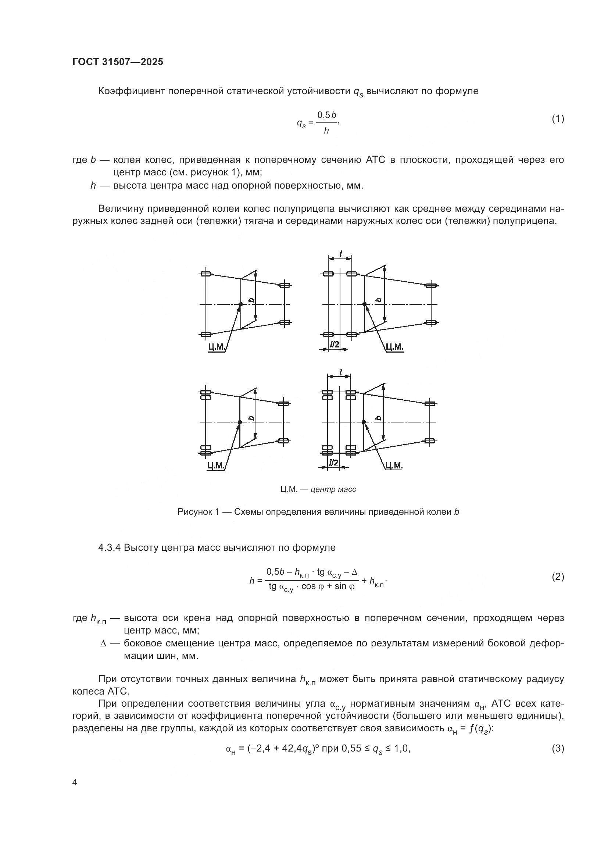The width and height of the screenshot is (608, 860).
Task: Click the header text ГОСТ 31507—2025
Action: pos(118,62)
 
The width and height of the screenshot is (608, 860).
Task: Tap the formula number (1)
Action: pos(558,119)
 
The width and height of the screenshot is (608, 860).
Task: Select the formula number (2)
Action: pos(558,577)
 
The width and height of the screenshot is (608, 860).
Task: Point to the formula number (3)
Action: pos(558,749)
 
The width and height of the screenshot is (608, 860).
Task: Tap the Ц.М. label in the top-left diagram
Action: pos(217,347)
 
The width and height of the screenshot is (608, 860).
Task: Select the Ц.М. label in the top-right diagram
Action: pos(394,347)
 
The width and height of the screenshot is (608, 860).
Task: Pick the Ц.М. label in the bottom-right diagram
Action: pos(394,465)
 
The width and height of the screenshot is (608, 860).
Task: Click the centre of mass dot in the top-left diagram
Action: pos(240,304)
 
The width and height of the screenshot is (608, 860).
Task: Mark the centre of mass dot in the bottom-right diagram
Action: pos(364,422)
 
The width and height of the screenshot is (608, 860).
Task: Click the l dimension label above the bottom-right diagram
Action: pos(340,372)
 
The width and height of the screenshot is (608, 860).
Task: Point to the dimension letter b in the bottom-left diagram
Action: pos(251,418)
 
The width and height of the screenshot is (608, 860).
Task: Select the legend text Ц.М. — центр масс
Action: pos(318,489)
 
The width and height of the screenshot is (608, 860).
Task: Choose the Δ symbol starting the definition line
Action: pos(104,643)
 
